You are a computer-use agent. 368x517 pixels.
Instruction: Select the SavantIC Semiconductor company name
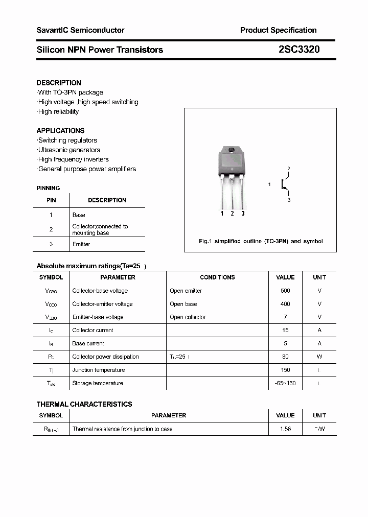80,30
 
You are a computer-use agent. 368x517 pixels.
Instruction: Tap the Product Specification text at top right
278,30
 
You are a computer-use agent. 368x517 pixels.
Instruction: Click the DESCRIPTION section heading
59,83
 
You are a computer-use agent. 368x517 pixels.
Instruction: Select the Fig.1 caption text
260,241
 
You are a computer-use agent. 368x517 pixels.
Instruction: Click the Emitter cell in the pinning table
81,244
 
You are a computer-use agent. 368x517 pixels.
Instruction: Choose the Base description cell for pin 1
79,215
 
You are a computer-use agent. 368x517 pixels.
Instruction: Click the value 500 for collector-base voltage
285,291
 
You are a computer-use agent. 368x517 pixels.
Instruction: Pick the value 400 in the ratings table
285,304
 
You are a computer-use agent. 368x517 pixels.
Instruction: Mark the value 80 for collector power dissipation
285,357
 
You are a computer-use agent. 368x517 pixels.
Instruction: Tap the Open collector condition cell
188,317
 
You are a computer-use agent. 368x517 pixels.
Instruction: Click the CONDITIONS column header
217,277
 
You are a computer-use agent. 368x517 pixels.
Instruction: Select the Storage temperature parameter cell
98,383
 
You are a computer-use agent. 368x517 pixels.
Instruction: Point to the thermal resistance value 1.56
285,429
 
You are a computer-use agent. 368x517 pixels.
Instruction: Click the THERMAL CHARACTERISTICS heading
84,404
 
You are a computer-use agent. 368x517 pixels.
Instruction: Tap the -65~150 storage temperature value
285,383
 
